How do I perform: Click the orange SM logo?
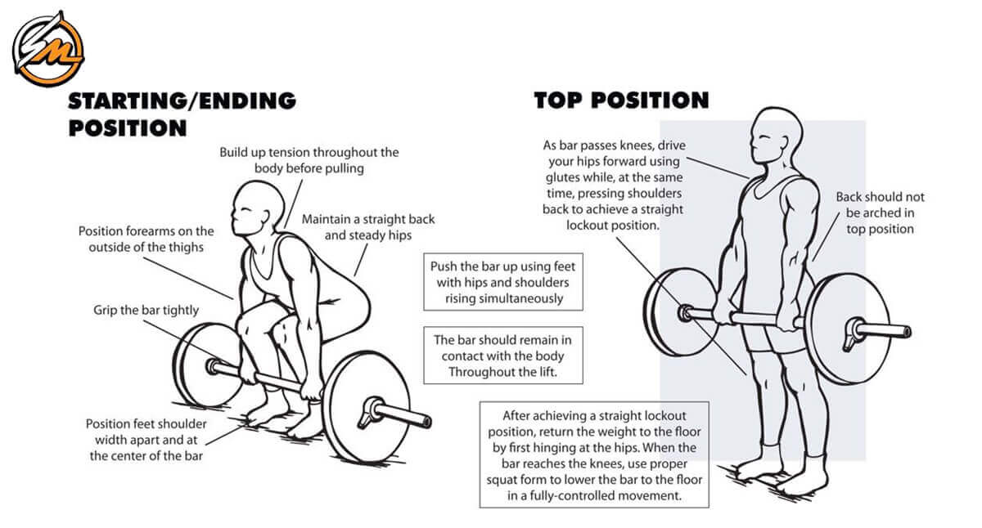47,48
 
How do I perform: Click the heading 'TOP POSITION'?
621,101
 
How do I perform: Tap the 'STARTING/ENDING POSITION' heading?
182,114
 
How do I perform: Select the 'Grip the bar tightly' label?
146,311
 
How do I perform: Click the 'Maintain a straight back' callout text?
368,227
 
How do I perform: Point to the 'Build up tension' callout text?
309,160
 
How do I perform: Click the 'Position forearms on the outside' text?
146,239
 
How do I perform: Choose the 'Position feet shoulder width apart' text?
146,440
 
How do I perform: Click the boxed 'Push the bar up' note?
504,283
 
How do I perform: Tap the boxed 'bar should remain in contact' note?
503,356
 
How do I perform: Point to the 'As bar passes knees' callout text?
614,185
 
